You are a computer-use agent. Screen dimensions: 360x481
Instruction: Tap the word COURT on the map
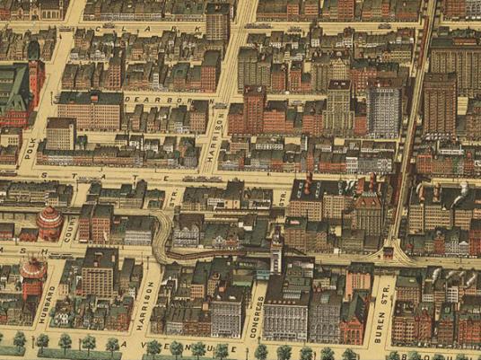tap(72, 225)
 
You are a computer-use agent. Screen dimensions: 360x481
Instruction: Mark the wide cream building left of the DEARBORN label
tap(91, 110)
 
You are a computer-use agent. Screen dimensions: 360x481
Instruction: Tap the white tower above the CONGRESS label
tap(276, 252)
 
